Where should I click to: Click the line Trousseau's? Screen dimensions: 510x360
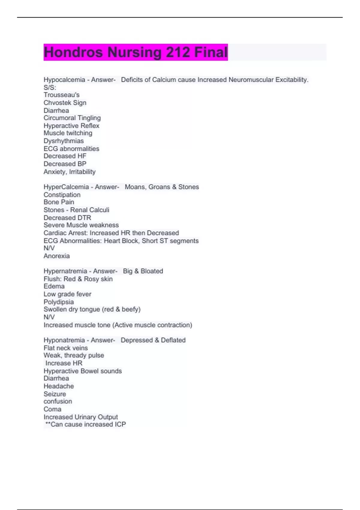(61, 95)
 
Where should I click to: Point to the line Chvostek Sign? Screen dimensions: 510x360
(65, 103)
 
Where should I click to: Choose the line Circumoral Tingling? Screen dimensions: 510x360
(72, 118)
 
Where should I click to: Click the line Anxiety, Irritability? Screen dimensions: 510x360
(70, 172)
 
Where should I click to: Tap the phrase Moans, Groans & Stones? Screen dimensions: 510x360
(162, 187)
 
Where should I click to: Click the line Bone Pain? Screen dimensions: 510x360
(59, 202)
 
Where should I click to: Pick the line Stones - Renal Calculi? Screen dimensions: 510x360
(76, 210)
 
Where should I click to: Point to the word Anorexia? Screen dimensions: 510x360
(57, 256)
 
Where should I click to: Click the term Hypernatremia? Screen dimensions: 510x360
(65, 271)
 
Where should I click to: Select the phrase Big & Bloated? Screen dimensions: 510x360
(143, 271)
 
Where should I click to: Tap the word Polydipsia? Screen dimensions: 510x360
(58, 302)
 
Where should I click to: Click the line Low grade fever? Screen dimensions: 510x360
(67, 294)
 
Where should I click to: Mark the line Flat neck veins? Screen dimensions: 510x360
(66, 348)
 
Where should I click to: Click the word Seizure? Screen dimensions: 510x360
(55, 394)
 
